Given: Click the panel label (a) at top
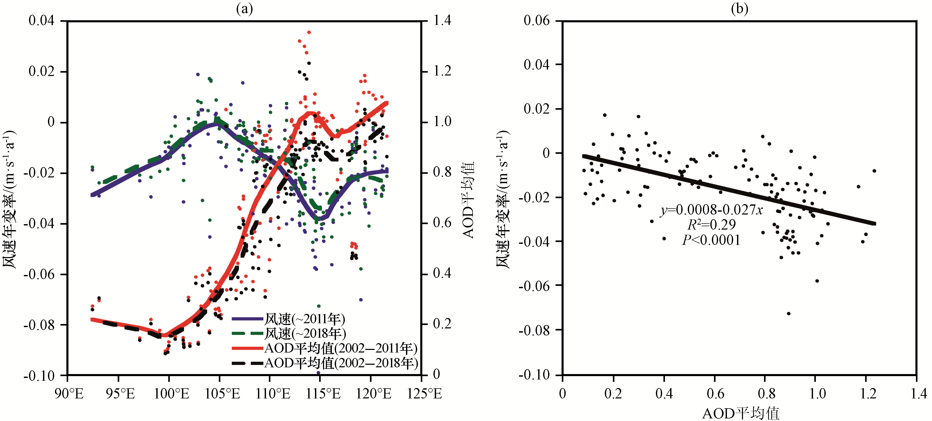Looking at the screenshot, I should [x=244, y=8].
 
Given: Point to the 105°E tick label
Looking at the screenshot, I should [x=222, y=394].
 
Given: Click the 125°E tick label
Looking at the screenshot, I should [x=424, y=394].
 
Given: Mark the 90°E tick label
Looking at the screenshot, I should [x=69, y=394].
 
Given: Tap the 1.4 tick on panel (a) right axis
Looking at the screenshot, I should [x=442, y=21].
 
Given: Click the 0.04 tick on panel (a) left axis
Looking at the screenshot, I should [x=41, y=21].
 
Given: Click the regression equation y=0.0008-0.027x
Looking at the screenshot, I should [x=712, y=210].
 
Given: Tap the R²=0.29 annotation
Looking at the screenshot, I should [x=711, y=225].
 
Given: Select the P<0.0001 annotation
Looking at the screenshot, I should [x=711, y=240].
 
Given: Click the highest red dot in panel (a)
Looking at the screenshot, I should [x=309, y=32].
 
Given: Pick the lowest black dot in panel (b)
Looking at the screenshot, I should [x=789, y=314].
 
